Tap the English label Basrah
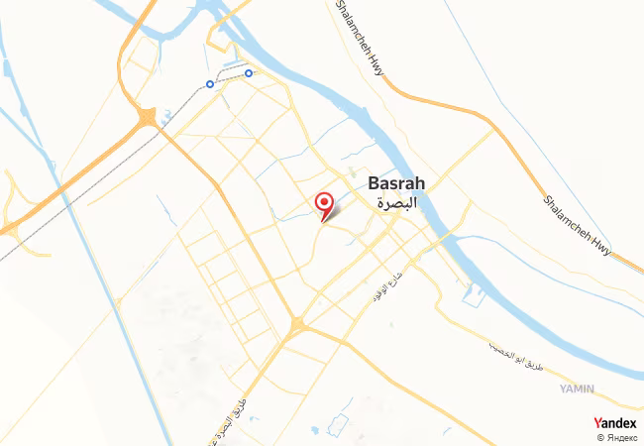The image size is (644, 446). [x=396, y=183]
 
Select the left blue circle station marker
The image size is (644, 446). [x=210, y=84]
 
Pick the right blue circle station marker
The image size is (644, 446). [x=249, y=72]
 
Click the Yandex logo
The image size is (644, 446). [x=615, y=423]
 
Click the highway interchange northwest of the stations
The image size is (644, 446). [x=148, y=118]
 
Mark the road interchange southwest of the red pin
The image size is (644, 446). [x=297, y=324]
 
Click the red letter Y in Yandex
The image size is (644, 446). [x=598, y=423]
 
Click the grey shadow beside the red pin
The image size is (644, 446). [x=333, y=211]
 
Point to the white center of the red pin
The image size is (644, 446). [x=323, y=201]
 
